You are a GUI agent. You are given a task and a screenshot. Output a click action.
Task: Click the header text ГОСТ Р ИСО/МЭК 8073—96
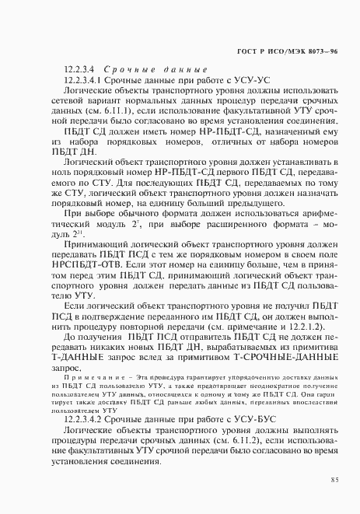(286, 51)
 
